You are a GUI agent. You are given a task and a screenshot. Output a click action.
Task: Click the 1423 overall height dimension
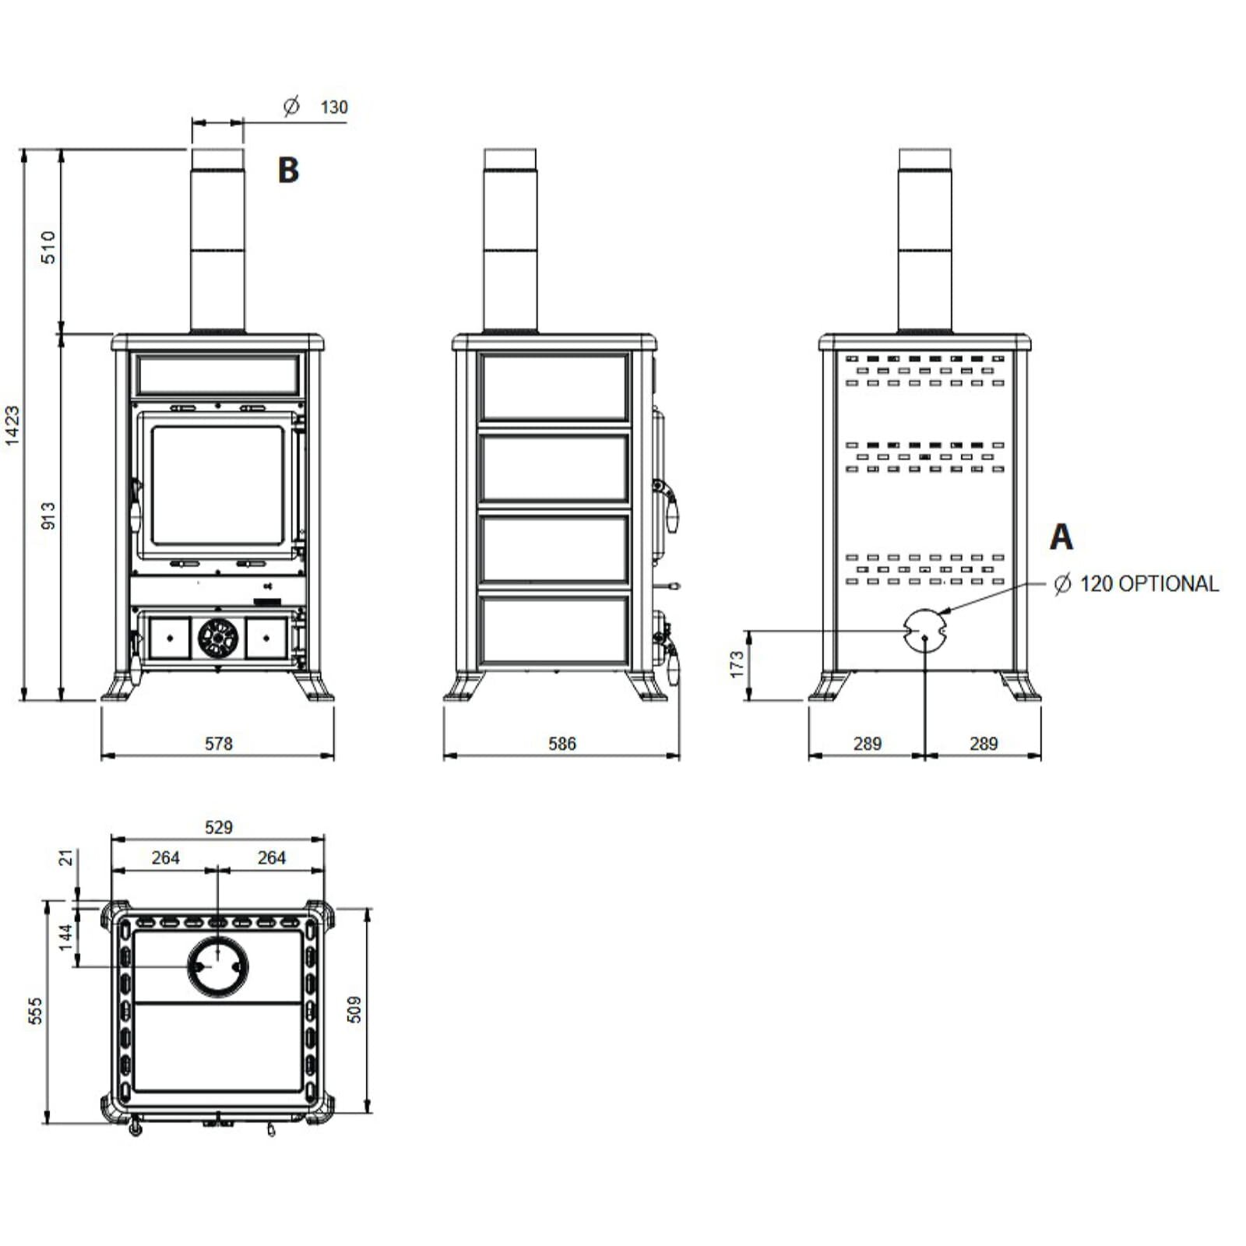12,425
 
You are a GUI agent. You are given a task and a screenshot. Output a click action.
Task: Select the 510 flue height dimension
48,247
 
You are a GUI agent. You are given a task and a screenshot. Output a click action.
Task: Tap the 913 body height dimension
48,516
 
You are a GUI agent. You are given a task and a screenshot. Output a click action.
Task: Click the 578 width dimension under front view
218,744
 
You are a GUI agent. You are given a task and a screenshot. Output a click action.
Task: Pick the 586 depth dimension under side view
561,744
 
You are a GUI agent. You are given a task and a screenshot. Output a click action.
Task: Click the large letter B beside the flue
288,170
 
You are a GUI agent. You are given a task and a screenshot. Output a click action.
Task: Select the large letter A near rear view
1061,537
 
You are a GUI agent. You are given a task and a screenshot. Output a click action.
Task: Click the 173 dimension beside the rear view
737,664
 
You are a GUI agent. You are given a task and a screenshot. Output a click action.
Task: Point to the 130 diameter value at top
334,107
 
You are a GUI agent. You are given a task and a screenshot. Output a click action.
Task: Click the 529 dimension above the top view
218,827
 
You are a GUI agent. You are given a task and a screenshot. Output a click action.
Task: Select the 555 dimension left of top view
35,1011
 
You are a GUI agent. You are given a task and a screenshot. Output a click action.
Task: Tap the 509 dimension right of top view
354,1009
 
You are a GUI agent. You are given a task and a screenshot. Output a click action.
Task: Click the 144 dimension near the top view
66,935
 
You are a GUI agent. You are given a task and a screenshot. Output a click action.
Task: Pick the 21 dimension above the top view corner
66,857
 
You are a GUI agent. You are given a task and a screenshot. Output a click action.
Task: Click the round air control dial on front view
217,639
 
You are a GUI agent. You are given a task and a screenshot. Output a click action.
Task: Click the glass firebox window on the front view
217,485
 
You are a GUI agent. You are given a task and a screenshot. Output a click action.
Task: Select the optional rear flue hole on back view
924,628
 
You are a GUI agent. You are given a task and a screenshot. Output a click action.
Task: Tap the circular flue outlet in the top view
217,966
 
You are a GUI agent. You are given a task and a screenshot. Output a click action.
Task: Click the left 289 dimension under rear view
867,744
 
